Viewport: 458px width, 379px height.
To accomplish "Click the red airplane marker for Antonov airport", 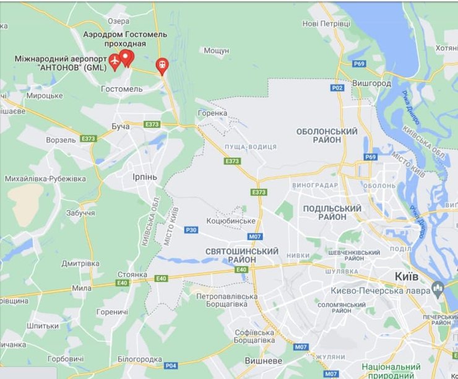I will (x=114, y=61).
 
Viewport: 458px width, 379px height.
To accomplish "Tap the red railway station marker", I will (x=162, y=64).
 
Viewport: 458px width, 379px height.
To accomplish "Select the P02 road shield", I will (x=337, y=88).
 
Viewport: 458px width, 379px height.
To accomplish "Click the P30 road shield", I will (x=191, y=230).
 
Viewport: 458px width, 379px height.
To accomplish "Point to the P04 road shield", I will (x=171, y=365).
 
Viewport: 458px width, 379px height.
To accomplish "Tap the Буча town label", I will (x=121, y=126).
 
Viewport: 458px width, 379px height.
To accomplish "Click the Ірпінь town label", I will (x=145, y=176).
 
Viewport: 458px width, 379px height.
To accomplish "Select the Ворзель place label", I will (x=61, y=140).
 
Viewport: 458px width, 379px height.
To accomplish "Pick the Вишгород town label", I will (x=371, y=82).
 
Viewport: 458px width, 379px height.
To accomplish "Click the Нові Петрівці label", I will (x=326, y=24).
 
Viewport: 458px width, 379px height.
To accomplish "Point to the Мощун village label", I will (x=217, y=50).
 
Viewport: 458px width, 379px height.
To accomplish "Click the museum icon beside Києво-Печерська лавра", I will (x=438, y=287).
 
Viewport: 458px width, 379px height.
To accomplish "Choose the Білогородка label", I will (x=139, y=359).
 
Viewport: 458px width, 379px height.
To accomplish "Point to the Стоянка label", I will (x=132, y=274).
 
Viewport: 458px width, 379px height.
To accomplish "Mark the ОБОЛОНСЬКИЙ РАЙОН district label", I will (x=327, y=136).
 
